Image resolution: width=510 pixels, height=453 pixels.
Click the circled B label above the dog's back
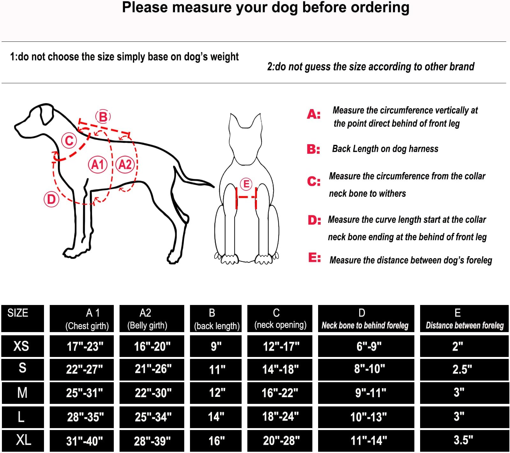[x=103, y=117]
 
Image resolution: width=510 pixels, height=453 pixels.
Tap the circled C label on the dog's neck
[x=69, y=140]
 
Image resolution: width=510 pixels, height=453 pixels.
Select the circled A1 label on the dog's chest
[x=97, y=165]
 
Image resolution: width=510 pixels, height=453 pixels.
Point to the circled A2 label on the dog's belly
[x=125, y=165]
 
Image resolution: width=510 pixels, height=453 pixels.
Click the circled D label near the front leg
[x=51, y=199]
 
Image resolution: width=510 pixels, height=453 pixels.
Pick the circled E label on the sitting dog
[x=246, y=184]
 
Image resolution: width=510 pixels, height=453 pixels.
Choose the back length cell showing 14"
[x=216, y=417]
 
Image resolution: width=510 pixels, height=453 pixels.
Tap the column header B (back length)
[x=216, y=318]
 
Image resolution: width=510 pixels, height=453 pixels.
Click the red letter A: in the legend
[x=314, y=114]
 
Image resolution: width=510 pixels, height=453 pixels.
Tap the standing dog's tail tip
[x=213, y=186]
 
